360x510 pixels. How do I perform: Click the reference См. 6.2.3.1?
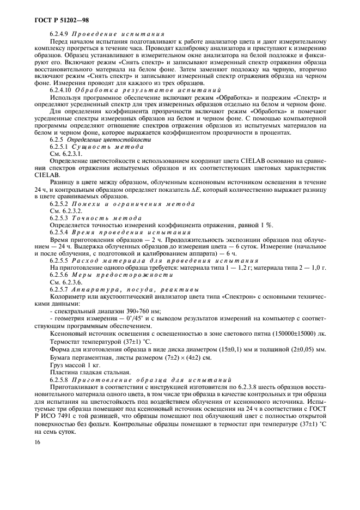65,154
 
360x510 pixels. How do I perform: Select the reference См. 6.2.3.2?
65,210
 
